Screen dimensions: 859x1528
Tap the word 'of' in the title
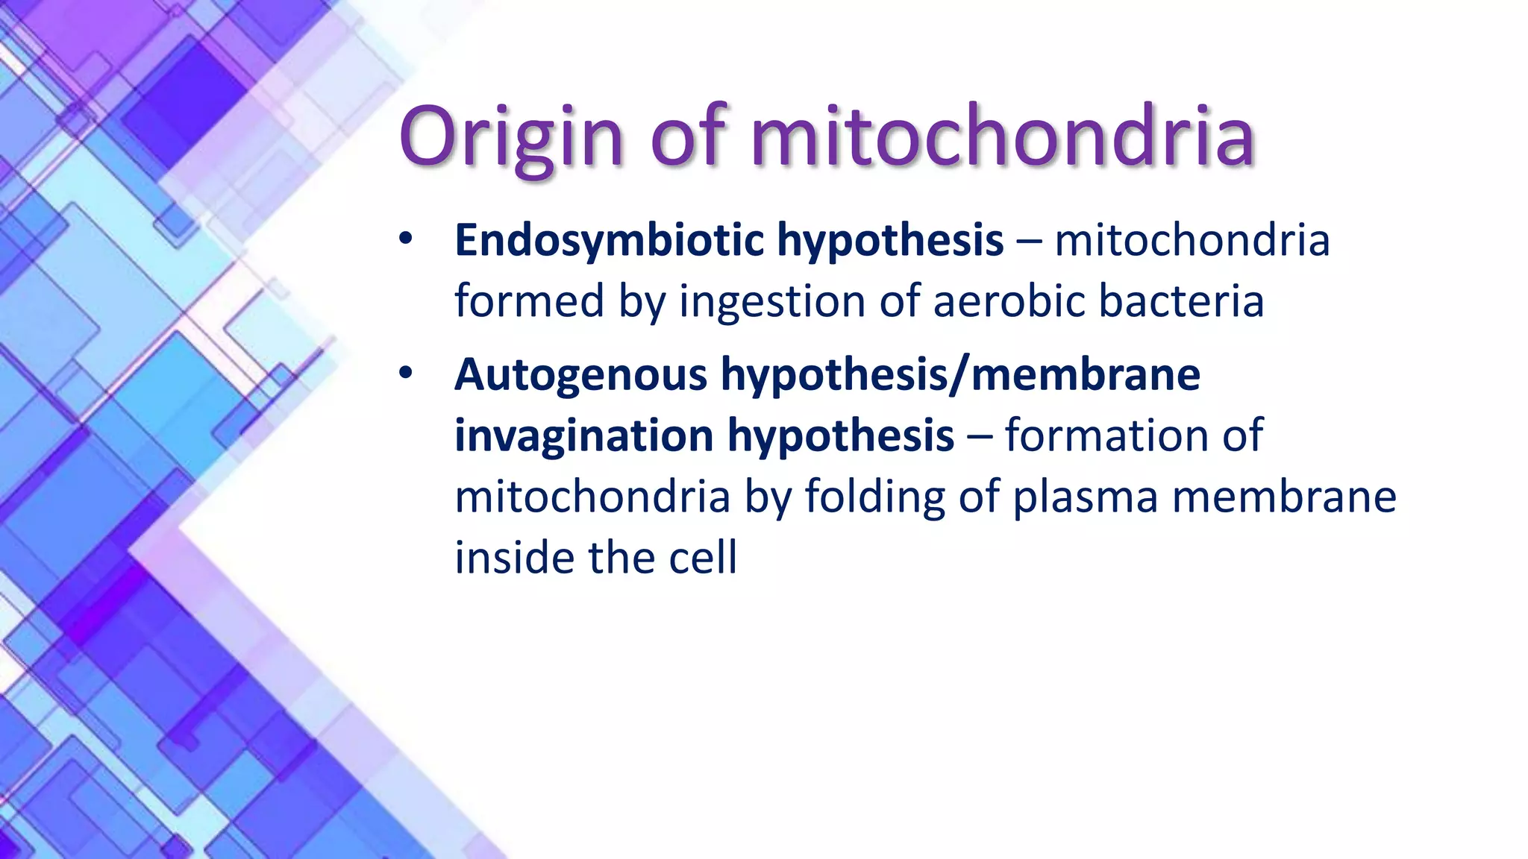point(687,137)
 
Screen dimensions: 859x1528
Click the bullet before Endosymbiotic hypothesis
point(404,240)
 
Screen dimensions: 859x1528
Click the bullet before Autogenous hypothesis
point(404,374)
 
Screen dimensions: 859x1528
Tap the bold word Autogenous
point(580,374)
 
